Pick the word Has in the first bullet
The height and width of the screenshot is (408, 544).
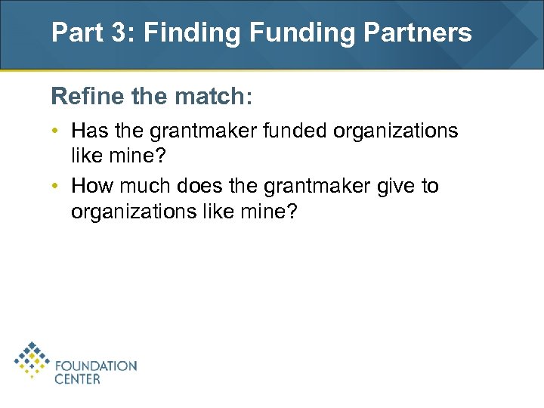pyautogui.click(x=89, y=131)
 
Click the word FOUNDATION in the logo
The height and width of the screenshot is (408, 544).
pyautogui.click(x=96, y=366)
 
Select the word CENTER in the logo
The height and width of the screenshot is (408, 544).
pyautogui.click(x=77, y=379)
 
